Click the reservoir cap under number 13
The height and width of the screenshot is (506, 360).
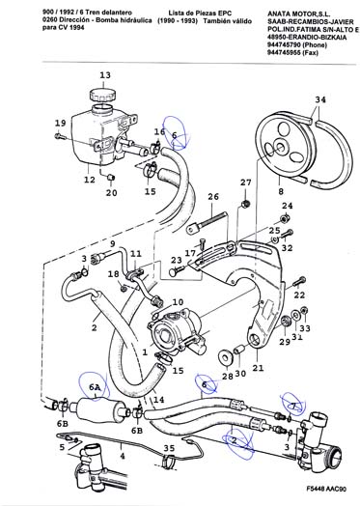click(103, 95)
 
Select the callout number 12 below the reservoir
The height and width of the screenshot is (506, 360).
click(90, 180)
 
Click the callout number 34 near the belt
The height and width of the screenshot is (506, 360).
click(320, 100)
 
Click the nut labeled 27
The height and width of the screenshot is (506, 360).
click(245, 204)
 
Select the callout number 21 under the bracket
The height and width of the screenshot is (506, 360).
click(258, 367)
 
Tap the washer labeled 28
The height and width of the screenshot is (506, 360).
click(225, 356)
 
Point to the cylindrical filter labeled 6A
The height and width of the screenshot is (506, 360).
click(100, 408)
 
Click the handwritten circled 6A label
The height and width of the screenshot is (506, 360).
click(95, 386)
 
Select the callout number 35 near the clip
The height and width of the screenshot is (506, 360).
click(169, 448)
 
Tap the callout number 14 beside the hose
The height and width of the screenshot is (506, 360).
click(158, 400)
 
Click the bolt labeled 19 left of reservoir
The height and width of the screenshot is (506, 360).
click(60, 136)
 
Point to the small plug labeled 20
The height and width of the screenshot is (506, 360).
click(111, 178)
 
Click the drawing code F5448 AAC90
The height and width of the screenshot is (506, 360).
click(326, 489)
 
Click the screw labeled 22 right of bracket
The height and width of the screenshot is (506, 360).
click(299, 281)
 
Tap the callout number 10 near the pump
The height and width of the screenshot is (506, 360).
click(178, 302)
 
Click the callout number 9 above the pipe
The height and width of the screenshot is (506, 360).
click(112, 243)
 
